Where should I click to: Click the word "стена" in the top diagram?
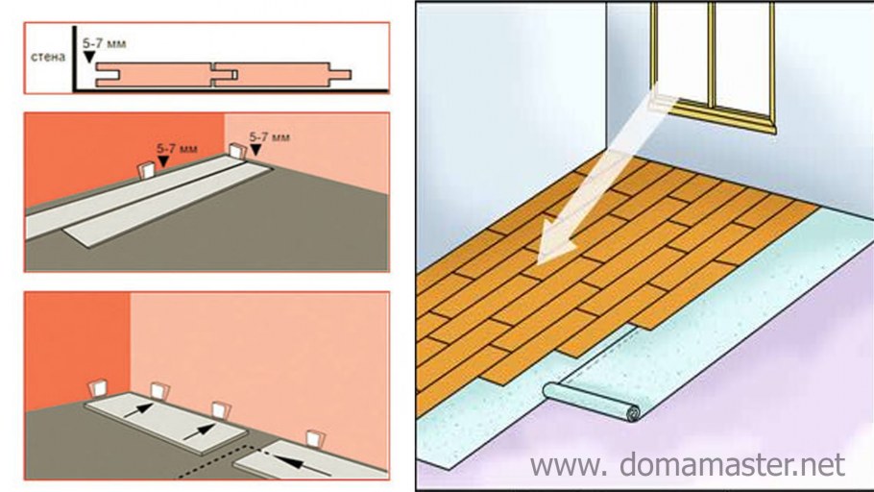[48, 57]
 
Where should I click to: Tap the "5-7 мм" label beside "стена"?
[105, 43]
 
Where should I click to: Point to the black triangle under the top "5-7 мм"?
[89, 57]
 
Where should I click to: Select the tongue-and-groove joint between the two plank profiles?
[224, 75]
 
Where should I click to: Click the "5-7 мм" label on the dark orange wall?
[177, 149]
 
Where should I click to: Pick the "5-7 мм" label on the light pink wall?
[269, 136]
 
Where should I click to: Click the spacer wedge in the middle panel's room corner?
[238, 151]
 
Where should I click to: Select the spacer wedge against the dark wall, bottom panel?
[99, 388]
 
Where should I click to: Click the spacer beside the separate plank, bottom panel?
[316, 439]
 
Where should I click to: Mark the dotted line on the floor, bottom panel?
[213, 462]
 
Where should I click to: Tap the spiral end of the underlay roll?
[633, 414]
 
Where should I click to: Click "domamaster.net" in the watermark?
[732, 464]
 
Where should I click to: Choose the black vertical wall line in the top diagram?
[74, 58]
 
